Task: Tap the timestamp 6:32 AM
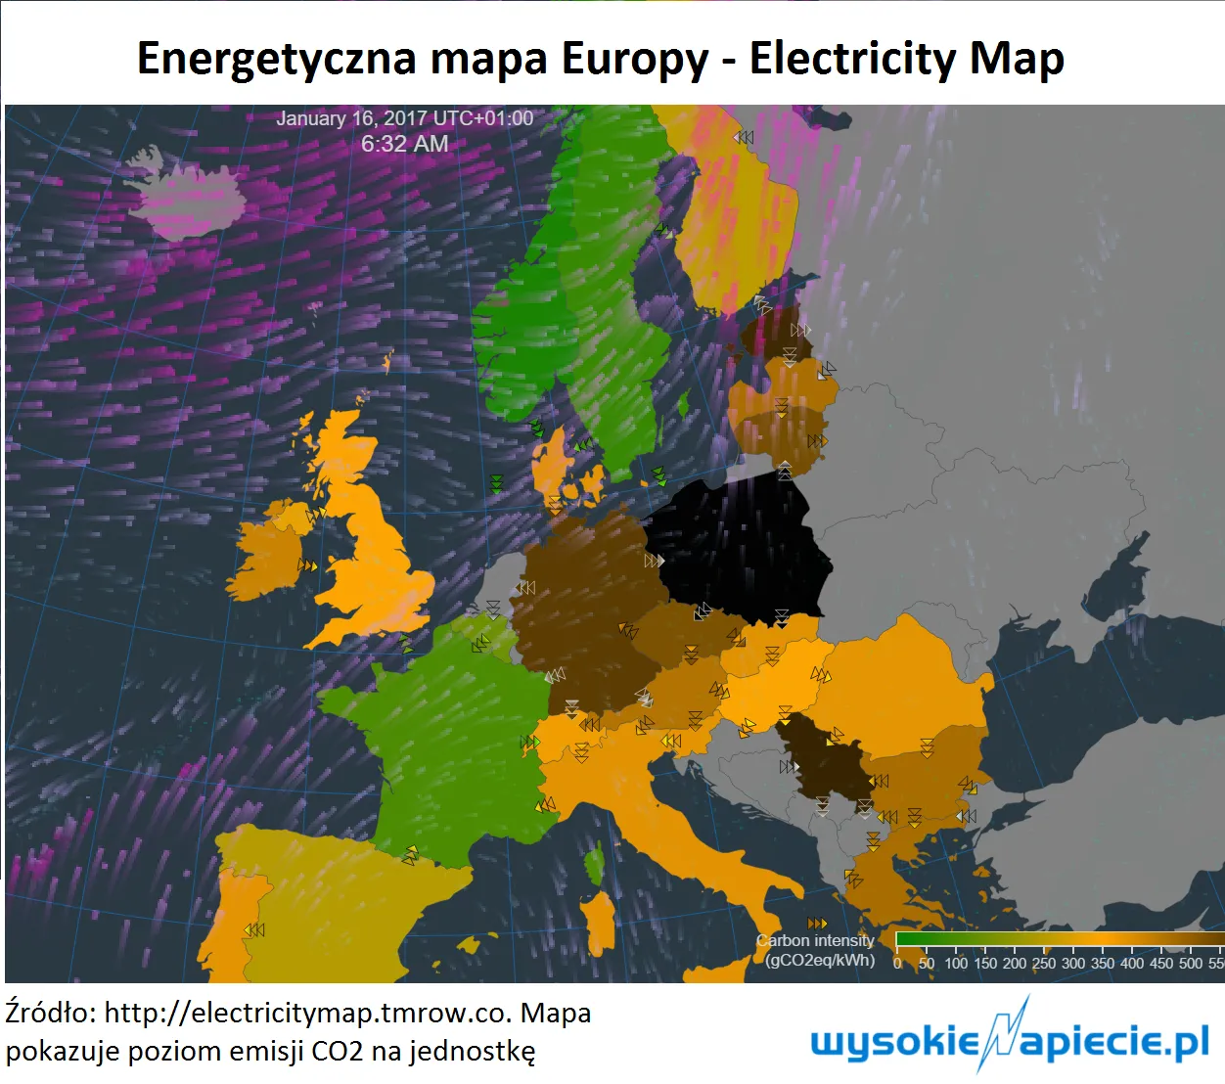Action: coord(405,144)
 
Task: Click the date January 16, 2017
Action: coord(351,118)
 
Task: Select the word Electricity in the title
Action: coord(851,58)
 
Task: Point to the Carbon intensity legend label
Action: coord(816,941)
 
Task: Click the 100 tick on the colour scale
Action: coord(956,963)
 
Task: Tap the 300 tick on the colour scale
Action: coord(1073,963)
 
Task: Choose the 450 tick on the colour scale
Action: coord(1161,963)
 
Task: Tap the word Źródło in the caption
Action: coord(50,1013)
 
